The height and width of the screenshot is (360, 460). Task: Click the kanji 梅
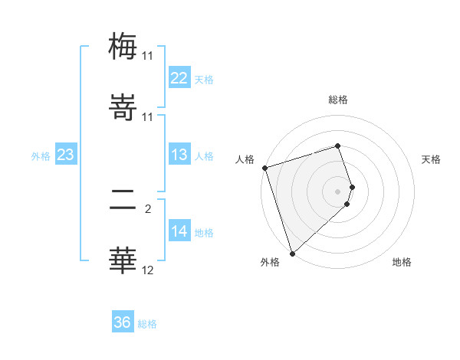tap(123, 45)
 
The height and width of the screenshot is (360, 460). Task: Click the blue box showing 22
tap(179, 78)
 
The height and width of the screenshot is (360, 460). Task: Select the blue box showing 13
tap(179, 155)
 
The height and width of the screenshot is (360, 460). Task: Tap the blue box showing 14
tap(179, 231)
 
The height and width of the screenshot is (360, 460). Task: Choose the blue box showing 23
tap(65, 155)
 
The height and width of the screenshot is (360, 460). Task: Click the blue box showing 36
tap(123, 322)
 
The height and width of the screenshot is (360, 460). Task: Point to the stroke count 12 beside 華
tap(148, 270)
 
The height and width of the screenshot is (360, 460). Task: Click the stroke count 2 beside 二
tap(148, 207)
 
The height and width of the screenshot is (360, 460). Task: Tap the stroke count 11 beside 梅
tap(148, 56)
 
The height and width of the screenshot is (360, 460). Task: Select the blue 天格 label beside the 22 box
tap(204, 79)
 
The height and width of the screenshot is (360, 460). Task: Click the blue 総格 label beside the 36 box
tap(147, 323)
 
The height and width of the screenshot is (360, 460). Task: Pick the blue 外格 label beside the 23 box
tap(41, 155)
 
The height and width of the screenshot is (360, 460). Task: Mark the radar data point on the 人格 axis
tap(264, 168)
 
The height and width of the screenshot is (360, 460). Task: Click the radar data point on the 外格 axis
tap(292, 253)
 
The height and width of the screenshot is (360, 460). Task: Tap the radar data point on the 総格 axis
tap(337, 146)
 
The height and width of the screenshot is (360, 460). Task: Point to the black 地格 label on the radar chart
tap(402, 262)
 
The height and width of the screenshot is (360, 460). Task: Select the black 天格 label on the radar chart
tap(431, 159)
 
